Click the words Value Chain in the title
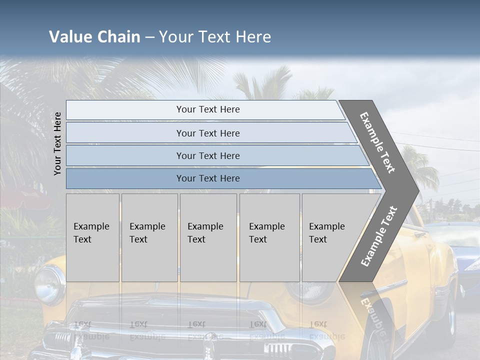point(94,37)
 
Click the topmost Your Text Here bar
point(207,109)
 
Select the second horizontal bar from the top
point(207,133)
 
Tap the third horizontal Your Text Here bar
point(207,155)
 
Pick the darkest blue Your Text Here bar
point(207,178)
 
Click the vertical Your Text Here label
point(57,143)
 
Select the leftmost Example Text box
point(92,237)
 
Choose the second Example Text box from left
point(149,237)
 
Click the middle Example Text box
point(208,237)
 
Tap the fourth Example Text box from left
point(269,237)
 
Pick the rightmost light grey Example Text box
point(330,237)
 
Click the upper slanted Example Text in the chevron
point(377,142)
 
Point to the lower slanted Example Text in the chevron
point(378,236)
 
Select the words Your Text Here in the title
point(215,37)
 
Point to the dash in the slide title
point(149,37)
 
